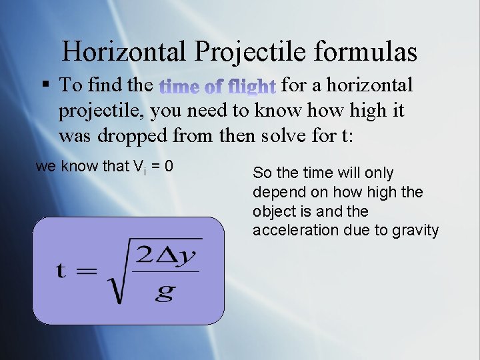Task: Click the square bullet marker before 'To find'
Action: [x=45, y=85]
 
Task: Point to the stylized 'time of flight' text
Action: [x=218, y=86]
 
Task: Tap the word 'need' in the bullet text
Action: [x=207, y=111]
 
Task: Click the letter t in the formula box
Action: [x=61, y=271]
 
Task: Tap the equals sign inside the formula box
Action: [x=85, y=271]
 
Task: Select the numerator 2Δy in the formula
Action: [x=169, y=254]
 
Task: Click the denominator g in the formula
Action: [x=165, y=291]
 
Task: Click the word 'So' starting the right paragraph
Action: [x=261, y=173]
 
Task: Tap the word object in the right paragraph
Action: [x=273, y=211]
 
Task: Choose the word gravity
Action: [x=416, y=231]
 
